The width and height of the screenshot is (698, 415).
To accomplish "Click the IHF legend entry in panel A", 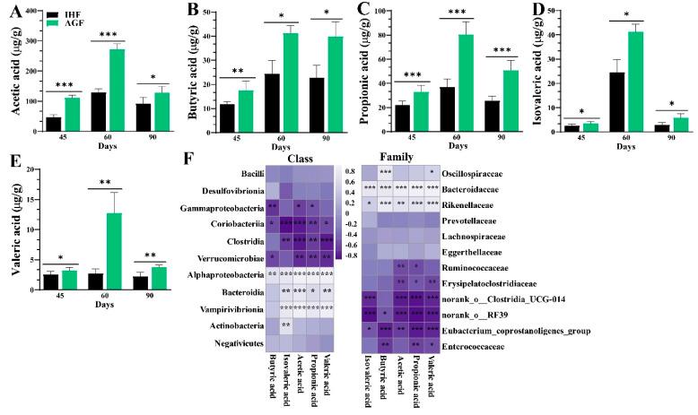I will coord(66,14).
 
